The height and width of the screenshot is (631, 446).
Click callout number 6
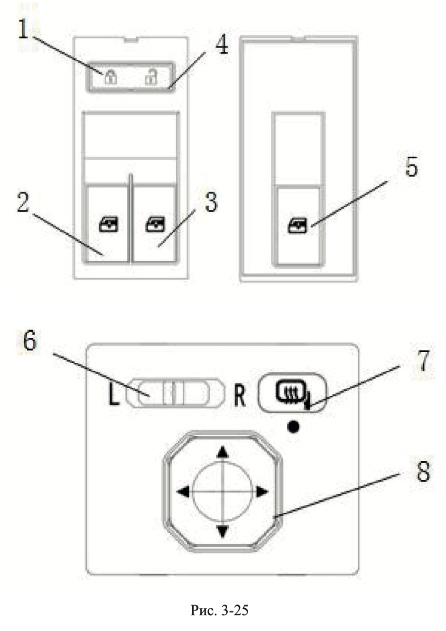click(x=30, y=341)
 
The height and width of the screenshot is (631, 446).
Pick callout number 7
click(x=424, y=361)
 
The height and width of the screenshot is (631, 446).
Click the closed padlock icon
click(x=110, y=76)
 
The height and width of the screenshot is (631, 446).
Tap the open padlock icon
click(x=151, y=76)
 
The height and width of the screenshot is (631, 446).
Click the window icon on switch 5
click(x=297, y=226)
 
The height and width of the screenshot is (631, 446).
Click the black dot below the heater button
click(x=293, y=427)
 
